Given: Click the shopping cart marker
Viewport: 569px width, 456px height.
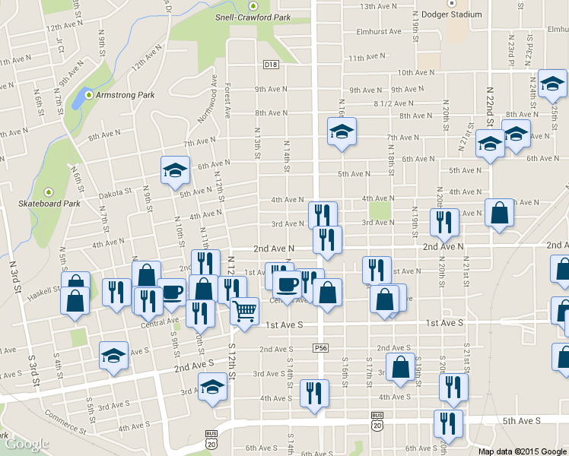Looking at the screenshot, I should tap(245, 310).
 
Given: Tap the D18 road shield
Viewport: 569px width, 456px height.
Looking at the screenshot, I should tap(272, 65).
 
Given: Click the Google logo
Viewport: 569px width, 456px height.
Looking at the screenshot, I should tap(27, 444).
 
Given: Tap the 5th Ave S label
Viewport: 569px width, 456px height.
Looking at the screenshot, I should tap(521, 420).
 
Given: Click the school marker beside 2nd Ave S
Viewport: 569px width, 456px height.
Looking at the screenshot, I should tap(113, 355).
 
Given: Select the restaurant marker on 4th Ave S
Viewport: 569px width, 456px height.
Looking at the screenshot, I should tap(314, 393).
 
